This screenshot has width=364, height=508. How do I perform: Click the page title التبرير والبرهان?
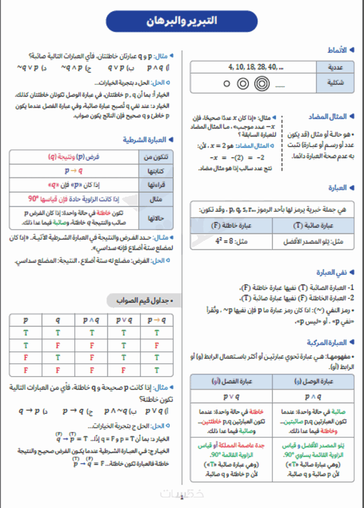pos(182,21)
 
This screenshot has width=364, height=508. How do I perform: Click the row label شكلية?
pos(336,83)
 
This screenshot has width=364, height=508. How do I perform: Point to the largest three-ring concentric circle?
pos(262,84)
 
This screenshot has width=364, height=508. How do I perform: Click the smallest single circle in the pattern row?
pos(227,84)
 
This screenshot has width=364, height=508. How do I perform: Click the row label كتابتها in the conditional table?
pos(156,171)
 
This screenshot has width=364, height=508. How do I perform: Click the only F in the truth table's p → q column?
pos(157,345)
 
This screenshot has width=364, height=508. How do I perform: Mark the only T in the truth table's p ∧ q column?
pos(91,333)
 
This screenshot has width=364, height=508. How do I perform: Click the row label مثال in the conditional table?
pos(156,199)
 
